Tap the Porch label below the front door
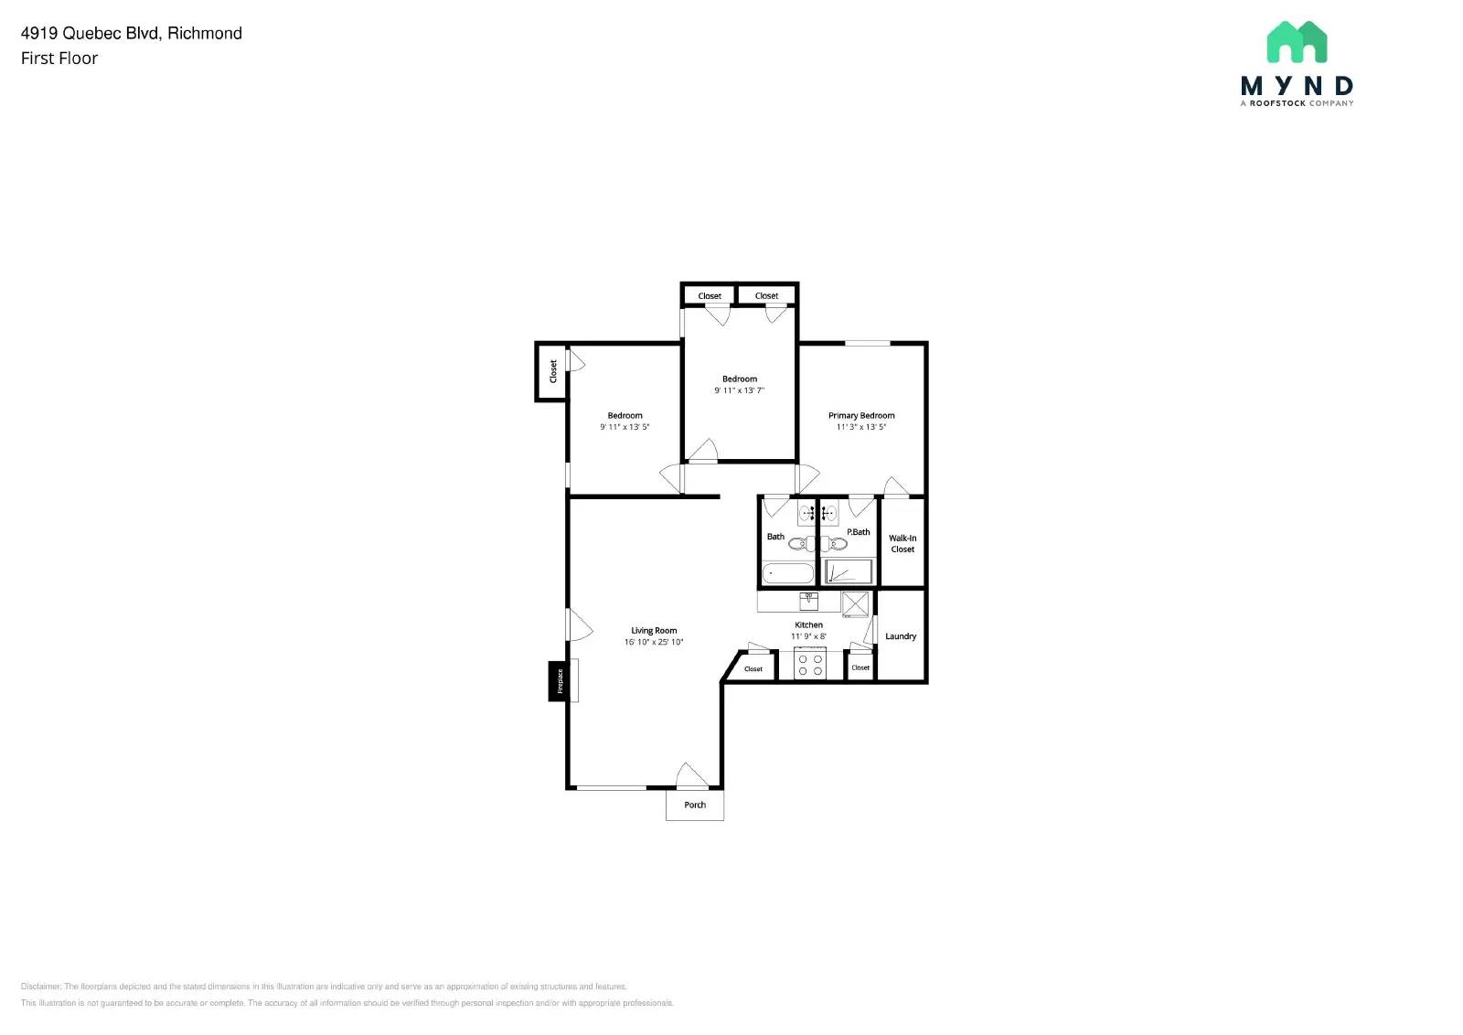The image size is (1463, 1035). (695, 805)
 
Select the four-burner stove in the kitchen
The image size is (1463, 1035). (809, 663)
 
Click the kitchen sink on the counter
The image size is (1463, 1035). (809, 602)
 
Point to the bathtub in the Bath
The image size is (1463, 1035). (788, 573)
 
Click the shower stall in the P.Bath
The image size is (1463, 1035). (849, 572)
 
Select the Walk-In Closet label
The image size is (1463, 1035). (902, 544)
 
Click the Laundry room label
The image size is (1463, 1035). (901, 636)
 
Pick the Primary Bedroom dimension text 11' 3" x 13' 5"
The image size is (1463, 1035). (861, 427)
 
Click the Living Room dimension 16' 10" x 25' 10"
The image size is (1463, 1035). (654, 642)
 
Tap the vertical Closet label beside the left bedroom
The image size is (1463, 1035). (552, 371)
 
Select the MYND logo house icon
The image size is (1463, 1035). (1297, 42)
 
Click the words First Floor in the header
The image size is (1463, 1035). (59, 59)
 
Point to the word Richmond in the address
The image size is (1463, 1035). (205, 33)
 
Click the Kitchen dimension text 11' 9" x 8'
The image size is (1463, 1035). (808, 636)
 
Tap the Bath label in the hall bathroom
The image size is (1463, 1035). (775, 537)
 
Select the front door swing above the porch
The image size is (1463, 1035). (691, 775)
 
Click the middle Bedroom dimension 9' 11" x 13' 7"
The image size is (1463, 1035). (739, 390)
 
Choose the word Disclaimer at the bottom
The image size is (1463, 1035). (40, 987)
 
